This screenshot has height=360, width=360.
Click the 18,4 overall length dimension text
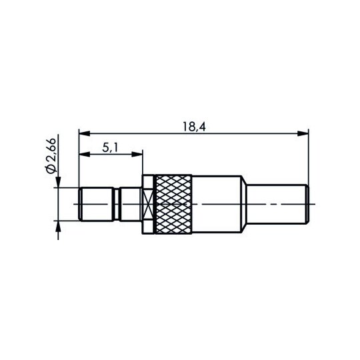point(194,127)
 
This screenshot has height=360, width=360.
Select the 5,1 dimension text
point(110,148)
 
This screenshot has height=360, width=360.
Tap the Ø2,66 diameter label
point(51,155)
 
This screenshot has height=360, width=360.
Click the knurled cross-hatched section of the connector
point(173,205)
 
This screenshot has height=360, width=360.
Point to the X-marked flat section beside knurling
point(148,205)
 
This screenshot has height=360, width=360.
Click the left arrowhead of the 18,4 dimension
point(84,133)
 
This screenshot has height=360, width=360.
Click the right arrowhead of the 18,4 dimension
point(303,133)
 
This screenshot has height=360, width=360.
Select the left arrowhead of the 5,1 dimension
point(84,154)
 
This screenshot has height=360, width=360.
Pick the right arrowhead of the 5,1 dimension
point(137,154)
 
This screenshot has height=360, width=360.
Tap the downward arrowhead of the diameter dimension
point(58,182)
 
